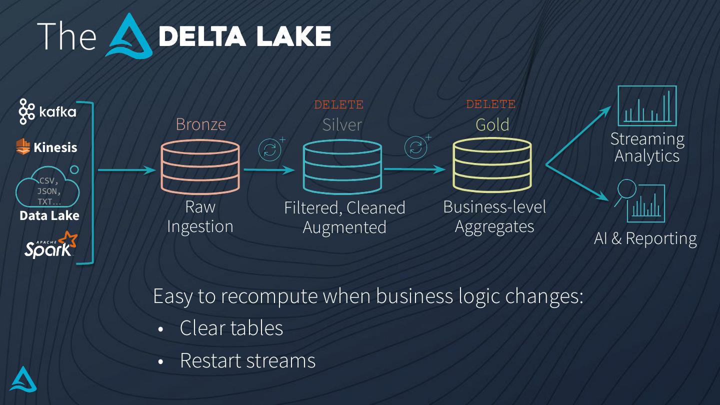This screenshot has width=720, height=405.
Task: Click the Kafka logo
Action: tap(47, 111)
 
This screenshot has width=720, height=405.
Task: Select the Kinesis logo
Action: tap(47, 147)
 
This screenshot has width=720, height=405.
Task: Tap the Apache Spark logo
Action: tap(50, 244)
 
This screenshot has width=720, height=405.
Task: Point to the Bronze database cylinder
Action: tap(200, 167)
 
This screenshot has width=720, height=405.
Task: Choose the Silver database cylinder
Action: tap(342, 167)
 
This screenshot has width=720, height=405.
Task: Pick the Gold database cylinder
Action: tap(492, 165)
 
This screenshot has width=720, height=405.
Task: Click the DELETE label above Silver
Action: tap(338, 105)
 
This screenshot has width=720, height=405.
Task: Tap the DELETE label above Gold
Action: tap(490, 104)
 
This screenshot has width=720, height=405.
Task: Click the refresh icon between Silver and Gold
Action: tap(416, 147)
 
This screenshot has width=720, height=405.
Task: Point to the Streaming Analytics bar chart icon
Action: tap(647, 105)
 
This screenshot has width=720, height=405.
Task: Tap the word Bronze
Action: tap(200, 124)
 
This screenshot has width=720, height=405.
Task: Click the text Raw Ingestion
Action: tap(200, 216)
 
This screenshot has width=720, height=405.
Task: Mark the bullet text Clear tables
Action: tap(231, 328)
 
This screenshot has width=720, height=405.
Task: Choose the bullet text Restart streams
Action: tap(247, 360)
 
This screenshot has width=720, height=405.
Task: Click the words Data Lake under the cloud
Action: tap(49, 216)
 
